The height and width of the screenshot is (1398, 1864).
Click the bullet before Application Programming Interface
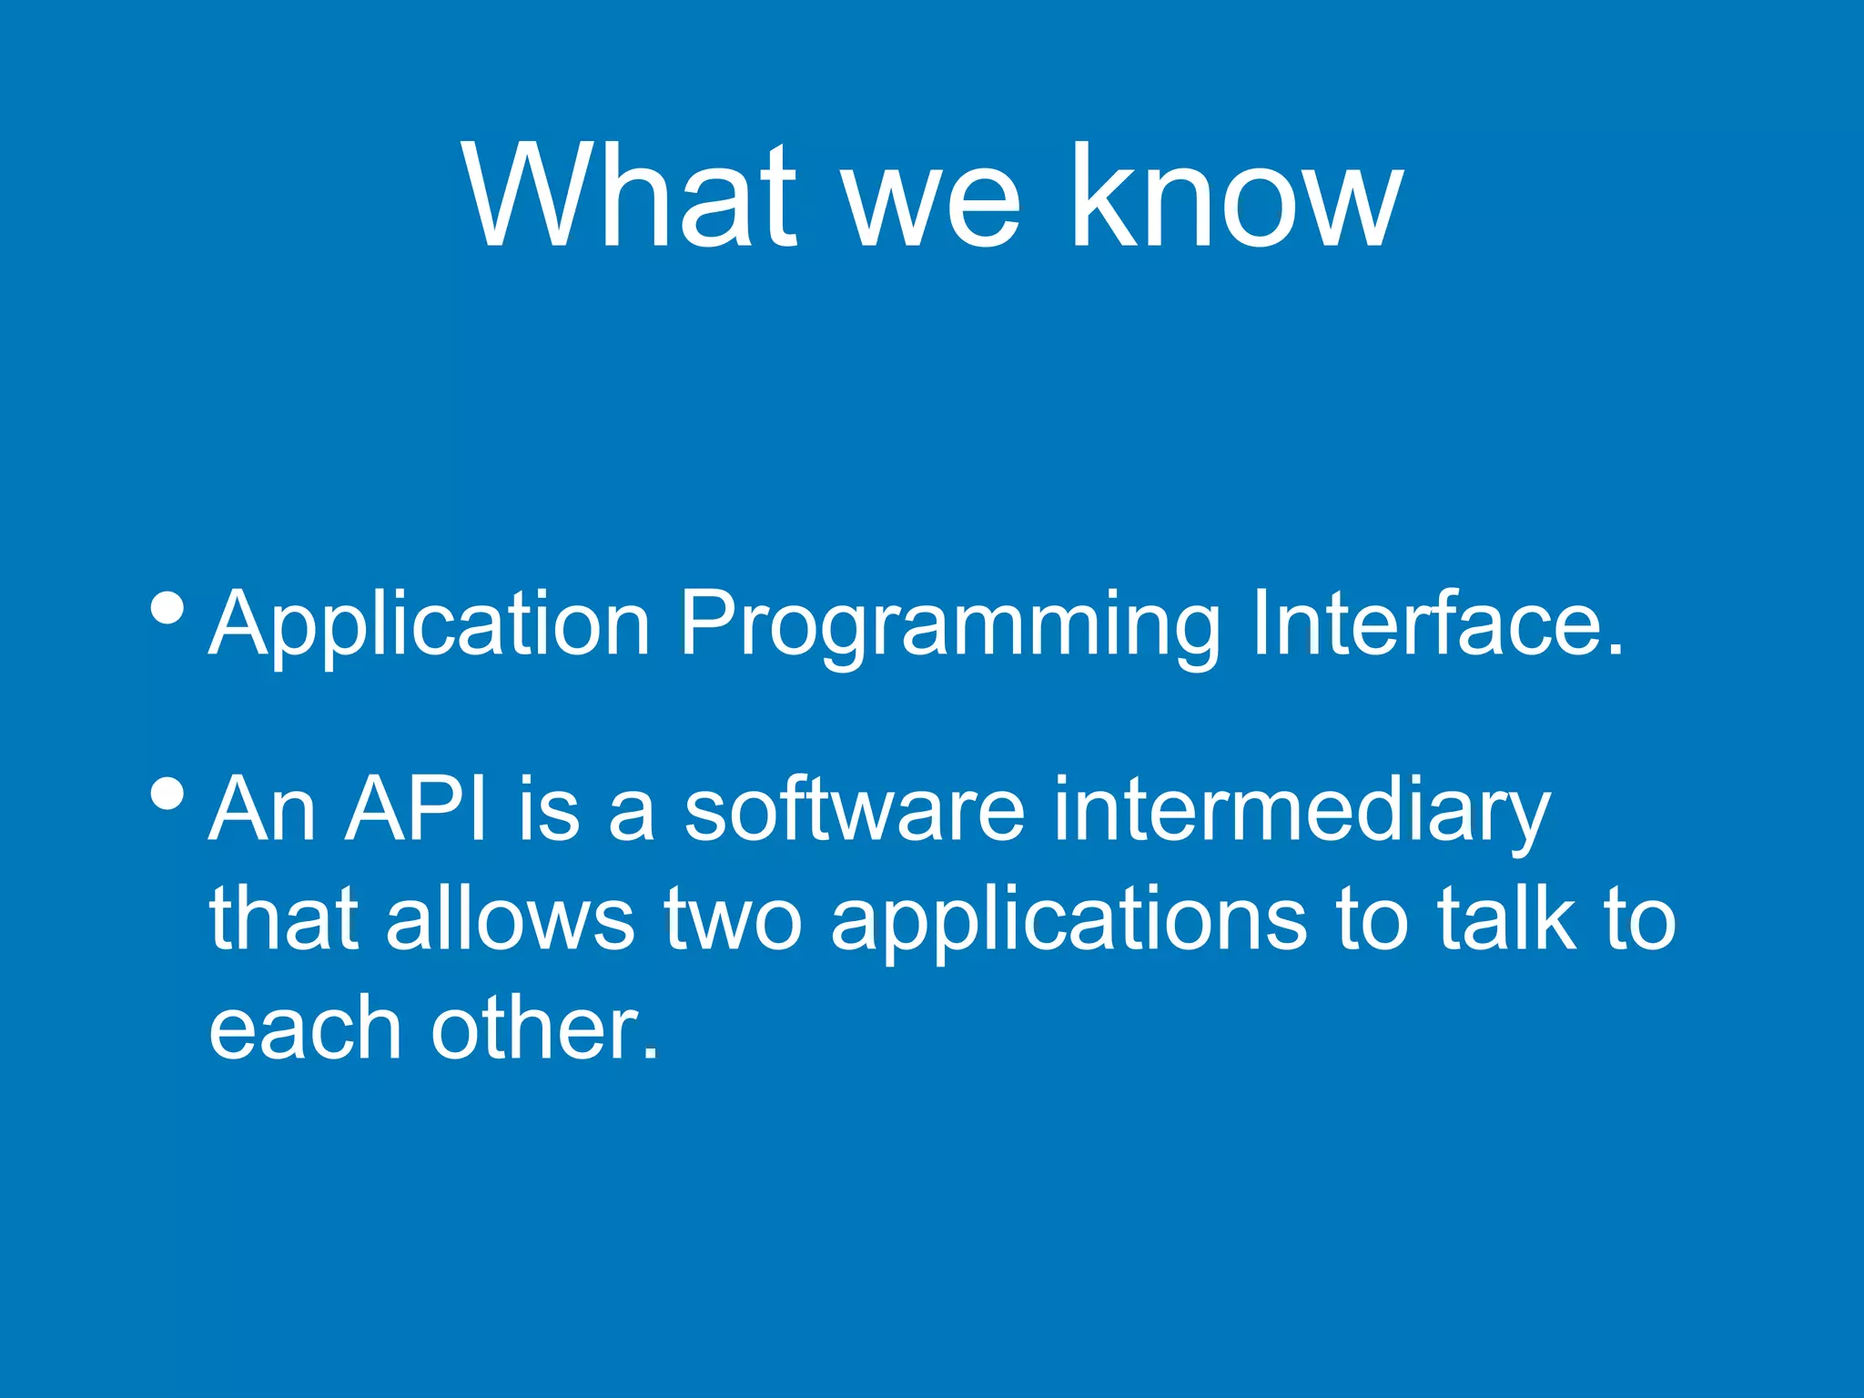(167, 607)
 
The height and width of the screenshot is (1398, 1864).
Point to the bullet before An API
(167, 793)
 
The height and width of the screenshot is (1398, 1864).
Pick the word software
(854, 808)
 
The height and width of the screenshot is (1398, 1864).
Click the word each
(305, 1028)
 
